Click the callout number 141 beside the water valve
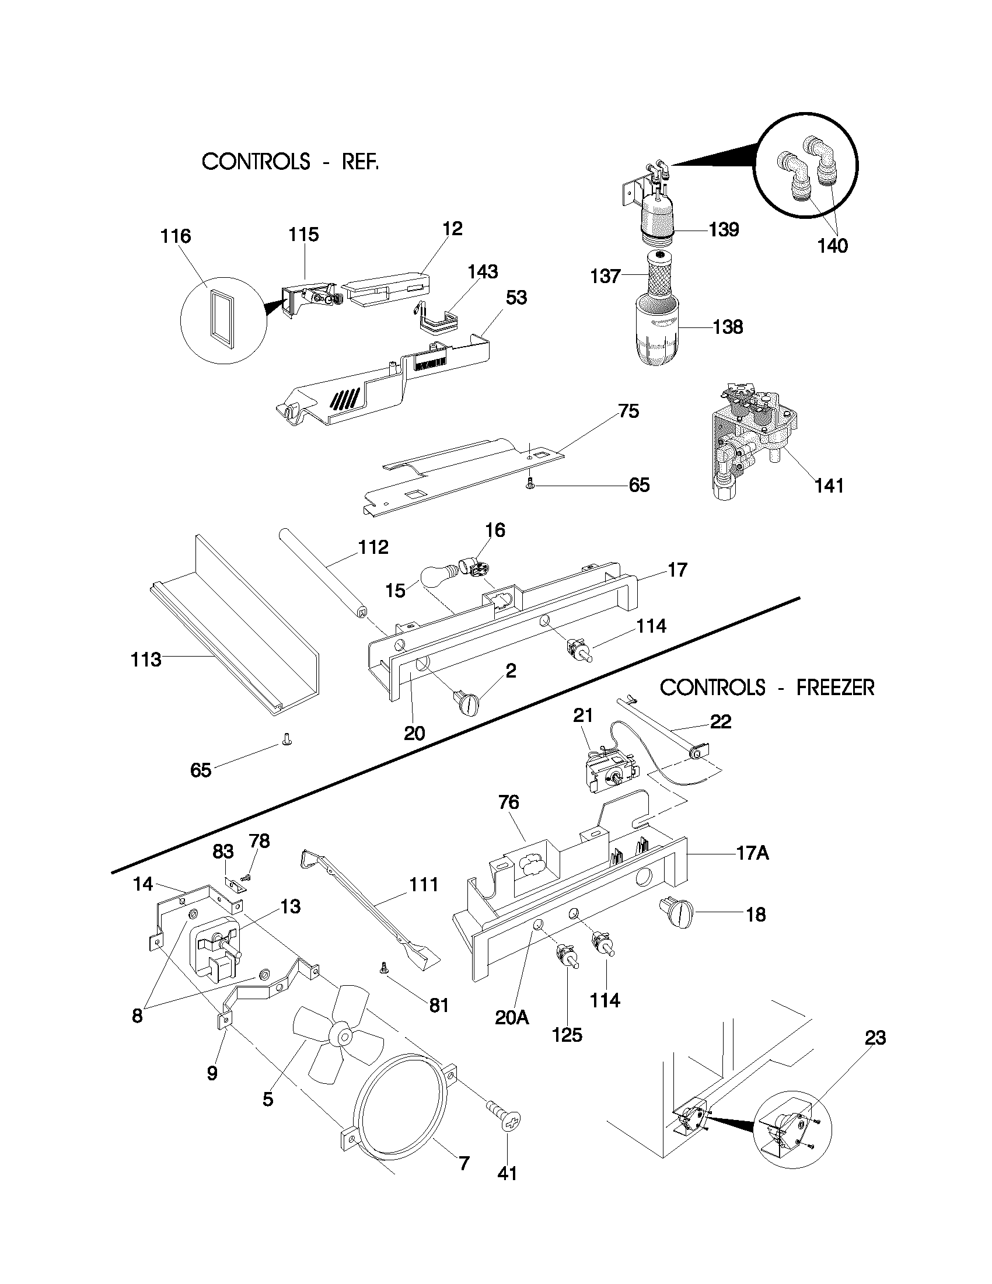(829, 486)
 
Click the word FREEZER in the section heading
(835, 688)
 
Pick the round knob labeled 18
(676, 913)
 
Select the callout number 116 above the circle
(176, 236)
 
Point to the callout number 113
(146, 660)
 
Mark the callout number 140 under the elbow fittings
(833, 246)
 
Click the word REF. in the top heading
(360, 162)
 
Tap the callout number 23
(875, 1038)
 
